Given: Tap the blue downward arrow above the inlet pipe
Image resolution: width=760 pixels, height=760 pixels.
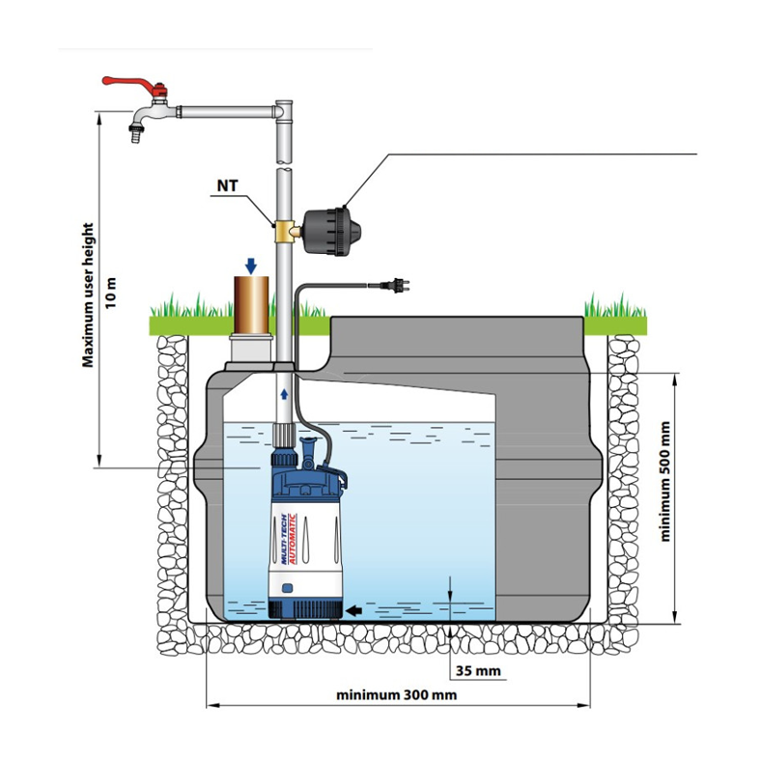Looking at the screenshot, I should [250, 265].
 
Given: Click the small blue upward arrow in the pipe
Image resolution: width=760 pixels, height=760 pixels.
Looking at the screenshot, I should [284, 395].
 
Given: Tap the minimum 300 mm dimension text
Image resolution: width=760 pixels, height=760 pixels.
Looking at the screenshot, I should [396, 694].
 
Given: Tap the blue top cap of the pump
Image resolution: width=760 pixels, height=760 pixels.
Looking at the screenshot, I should [307, 476].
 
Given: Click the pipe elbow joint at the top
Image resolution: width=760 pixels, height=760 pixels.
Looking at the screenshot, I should [284, 112].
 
